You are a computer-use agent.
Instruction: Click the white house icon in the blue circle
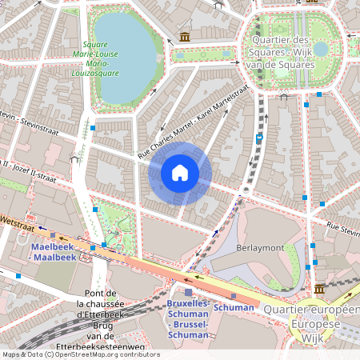coord(180,173)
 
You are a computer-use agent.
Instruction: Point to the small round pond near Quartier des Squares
coord(321,49)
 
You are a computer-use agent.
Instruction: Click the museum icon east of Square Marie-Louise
coord(185,37)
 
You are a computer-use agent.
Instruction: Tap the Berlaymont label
coord(260,248)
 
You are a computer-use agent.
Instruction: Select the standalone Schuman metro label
coord(235,307)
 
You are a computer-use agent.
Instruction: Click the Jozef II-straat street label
coord(27,168)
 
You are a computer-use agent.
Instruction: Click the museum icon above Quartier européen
coord(319,289)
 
